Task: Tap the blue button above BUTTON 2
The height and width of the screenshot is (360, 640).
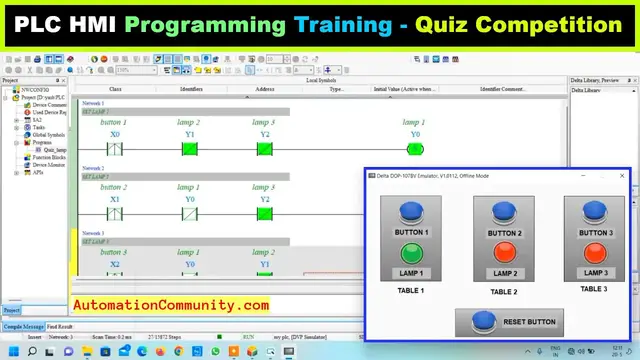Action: (505, 210)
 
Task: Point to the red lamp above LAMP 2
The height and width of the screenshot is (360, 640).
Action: (505, 252)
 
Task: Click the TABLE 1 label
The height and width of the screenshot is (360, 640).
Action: (412, 291)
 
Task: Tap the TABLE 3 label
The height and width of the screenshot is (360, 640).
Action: (594, 289)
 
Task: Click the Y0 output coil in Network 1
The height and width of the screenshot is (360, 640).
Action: (415, 149)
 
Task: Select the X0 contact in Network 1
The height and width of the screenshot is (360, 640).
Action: (115, 149)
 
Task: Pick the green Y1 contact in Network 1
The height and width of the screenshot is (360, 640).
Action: (190, 149)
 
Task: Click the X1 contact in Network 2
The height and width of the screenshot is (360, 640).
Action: (115, 213)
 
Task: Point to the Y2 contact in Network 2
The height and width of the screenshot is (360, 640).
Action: (265, 213)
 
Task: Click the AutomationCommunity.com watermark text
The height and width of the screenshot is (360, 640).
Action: (170, 305)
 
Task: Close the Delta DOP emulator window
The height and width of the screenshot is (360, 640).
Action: (622, 176)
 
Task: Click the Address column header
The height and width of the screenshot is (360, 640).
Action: (265, 90)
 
